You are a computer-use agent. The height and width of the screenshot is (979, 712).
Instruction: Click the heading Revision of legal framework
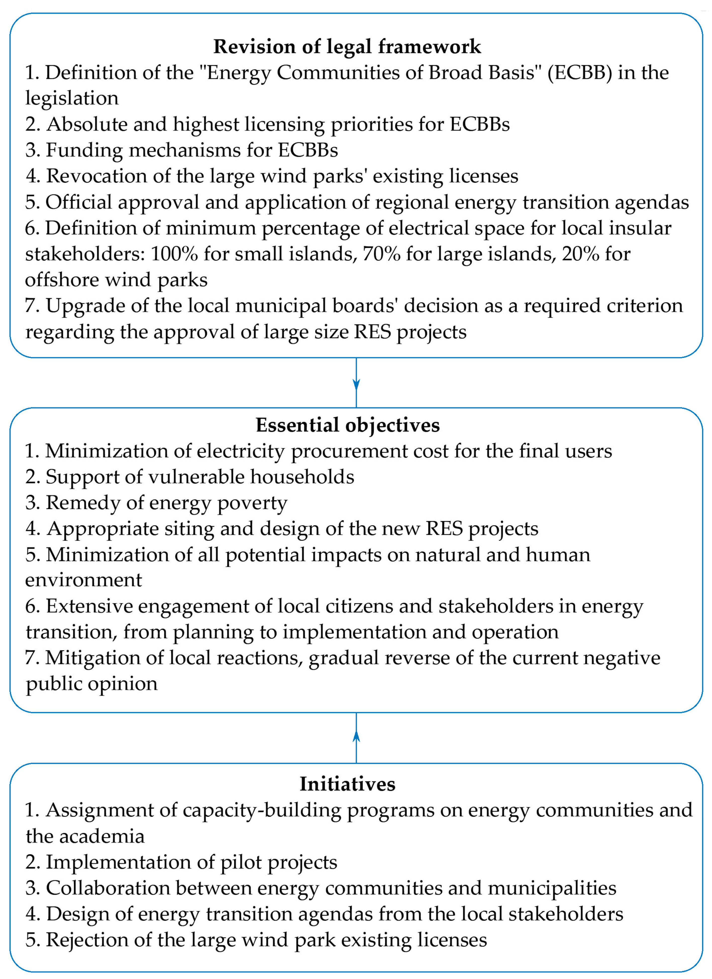tap(347, 47)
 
